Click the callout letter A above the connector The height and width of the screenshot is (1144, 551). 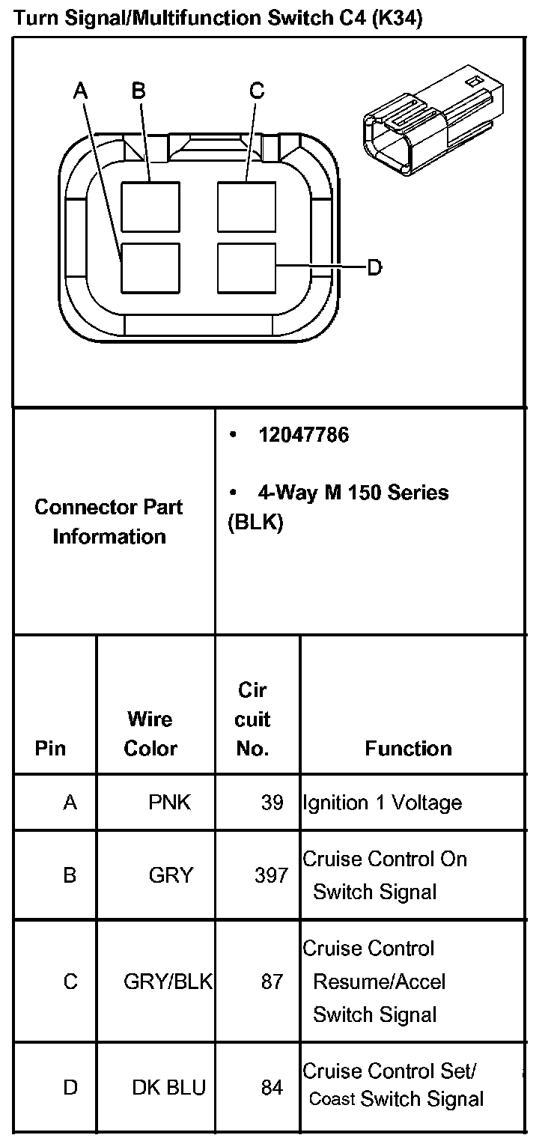pos(80,91)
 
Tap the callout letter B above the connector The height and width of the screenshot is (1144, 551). pos(138,91)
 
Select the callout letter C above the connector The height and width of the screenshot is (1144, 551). pos(257,91)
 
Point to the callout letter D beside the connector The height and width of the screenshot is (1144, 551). pos(374,267)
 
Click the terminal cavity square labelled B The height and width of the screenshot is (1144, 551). pos(150,207)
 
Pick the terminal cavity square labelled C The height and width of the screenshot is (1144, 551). pos(246,207)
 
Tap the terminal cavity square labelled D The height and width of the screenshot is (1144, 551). pos(246,267)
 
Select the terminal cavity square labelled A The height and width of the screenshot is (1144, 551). pos(150,267)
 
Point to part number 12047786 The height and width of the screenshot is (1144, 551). pos(303,435)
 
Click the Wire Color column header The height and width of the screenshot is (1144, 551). pos(150,734)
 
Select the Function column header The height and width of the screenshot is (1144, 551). pos(408,748)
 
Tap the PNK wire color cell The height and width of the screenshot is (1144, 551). pos(170,803)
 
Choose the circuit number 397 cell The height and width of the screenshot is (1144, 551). pos(271,874)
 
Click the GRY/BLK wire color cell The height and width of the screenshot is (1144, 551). pos(168,981)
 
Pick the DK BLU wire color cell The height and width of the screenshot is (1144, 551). pos(168,1087)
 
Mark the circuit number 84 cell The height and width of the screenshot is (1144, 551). pos(272,1087)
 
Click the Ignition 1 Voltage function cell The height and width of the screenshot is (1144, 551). pos(382,803)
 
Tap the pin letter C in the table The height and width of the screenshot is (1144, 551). pos(70,981)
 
